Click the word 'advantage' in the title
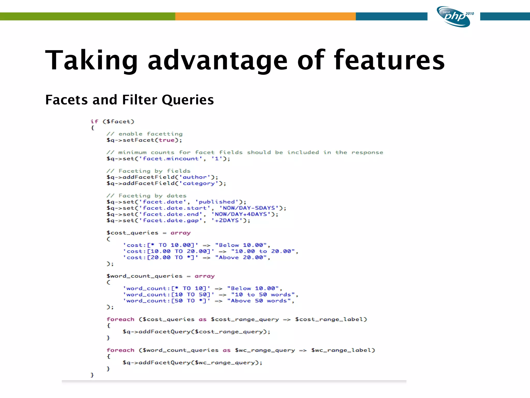click(217, 60)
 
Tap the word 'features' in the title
click(389, 60)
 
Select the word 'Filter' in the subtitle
click(139, 100)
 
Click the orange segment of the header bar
click(265, 16)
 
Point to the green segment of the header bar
click(87, 16)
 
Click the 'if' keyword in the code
click(94, 122)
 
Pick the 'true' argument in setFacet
click(166, 140)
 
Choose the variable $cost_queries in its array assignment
click(132, 233)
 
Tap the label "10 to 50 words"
click(263, 295)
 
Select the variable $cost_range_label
click(331, 319)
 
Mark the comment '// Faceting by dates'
click(146, 196)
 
